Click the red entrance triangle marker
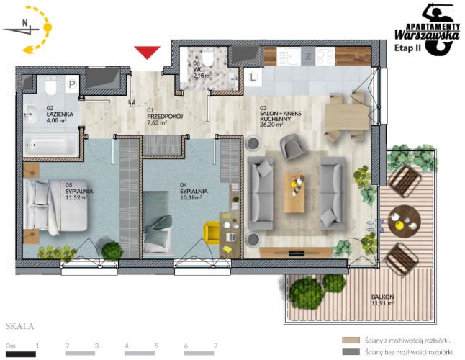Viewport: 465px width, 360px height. pyautogui.click(x=147, y=52)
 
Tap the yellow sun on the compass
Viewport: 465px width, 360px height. pyautogui.click(x=48, y=27)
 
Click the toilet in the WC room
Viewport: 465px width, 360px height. pyautogui.click(x=208, y=58)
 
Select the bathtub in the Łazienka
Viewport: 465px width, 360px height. pyautogui.click(x=50, y=145)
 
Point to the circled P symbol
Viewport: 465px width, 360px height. pyautogui.click(x=71, y=84)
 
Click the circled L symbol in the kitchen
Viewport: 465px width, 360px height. pyautogui.click(x=253, y=78)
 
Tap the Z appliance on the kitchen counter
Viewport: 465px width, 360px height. pyautogui.click(x=308, y=56)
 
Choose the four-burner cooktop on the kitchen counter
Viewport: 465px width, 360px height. pyautogui.click(x=325, y=56)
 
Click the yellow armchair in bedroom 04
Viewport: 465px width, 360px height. pyautogui.click(x=212, y=233)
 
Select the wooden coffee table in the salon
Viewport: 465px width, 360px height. pyautogui.click(x=294, y=193)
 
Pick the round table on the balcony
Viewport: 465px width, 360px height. pyautogui.click(x=405, y=221)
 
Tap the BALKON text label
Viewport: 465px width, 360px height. pyautogui.click(x=382, y=297)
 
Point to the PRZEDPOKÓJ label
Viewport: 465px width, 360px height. pyautogui.click(x=165, y=117)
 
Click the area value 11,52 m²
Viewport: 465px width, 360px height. pyautogui.click(x=76, y=197)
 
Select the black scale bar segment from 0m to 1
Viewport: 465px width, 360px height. pyautogui.click(x=21, y=354)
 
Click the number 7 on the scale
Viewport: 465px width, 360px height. pyautogui.click(x=216, y=346)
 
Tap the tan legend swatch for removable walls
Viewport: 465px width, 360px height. pyautogui.click(x=351, y=340)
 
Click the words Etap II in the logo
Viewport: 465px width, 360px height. pyautogui.click(x=407, y=48)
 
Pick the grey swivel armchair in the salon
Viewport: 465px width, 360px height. pyautogui.click(x=293, y=146)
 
